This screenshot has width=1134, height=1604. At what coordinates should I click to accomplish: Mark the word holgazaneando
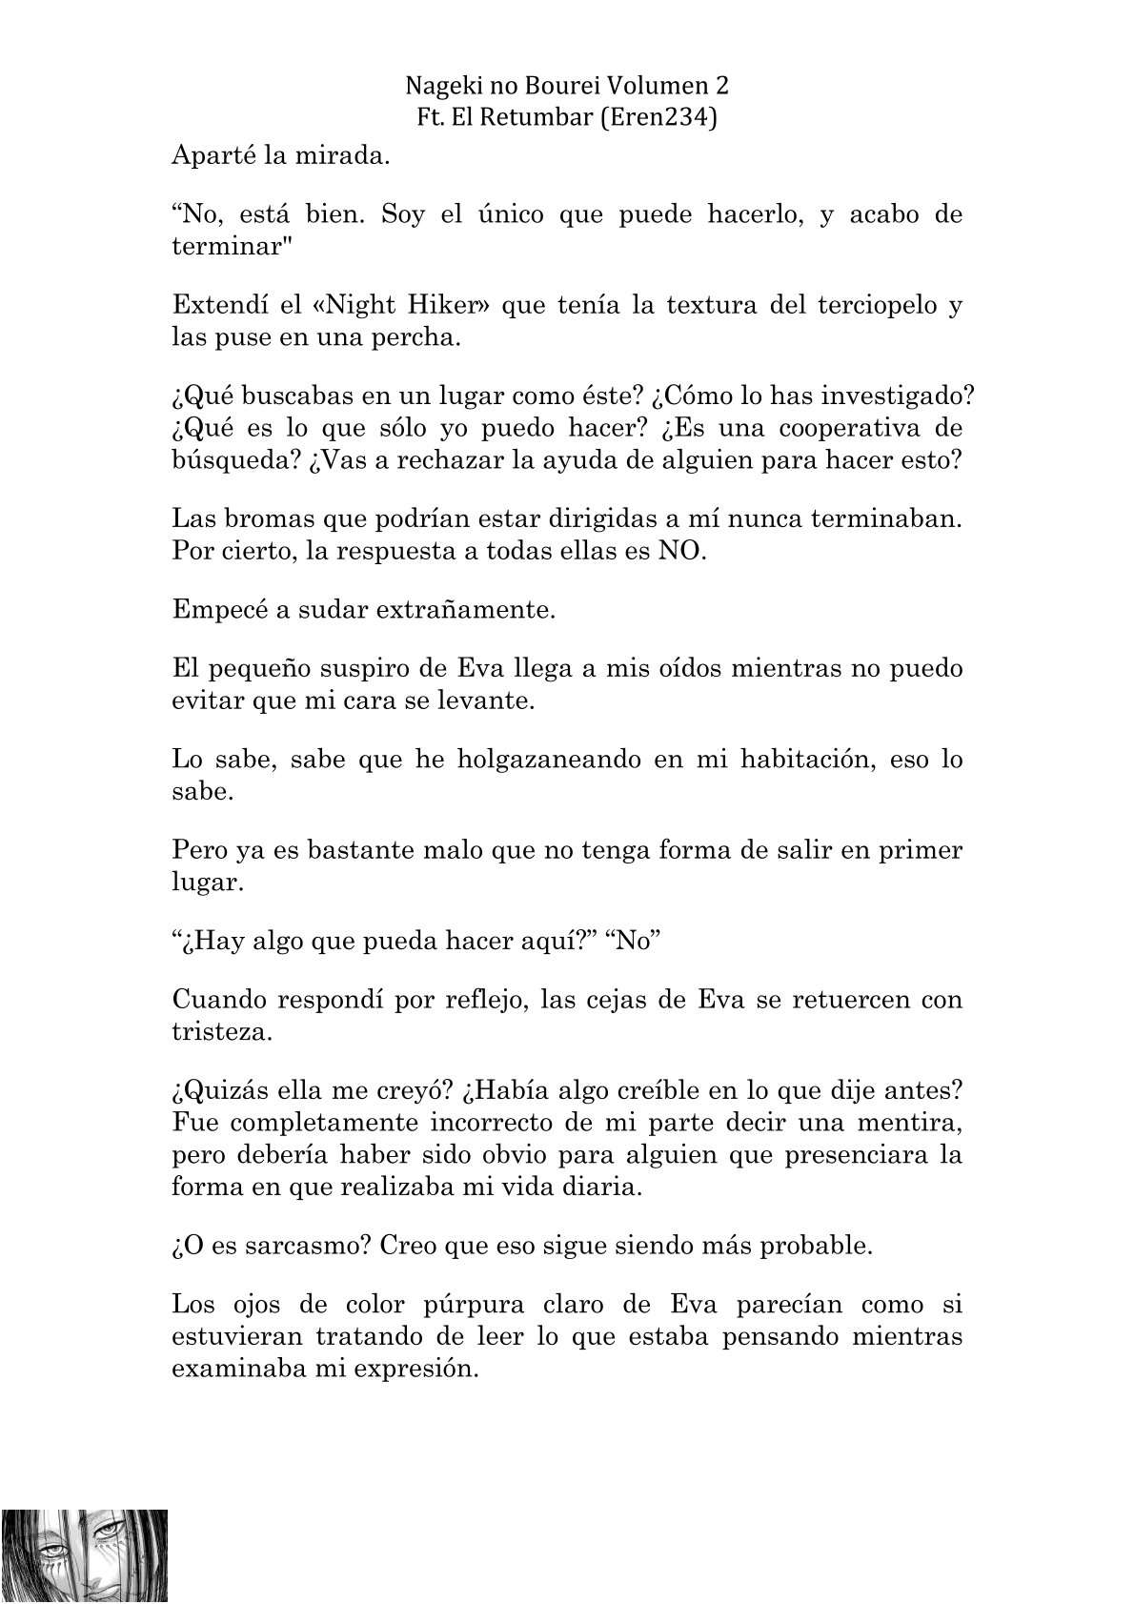point(550,760)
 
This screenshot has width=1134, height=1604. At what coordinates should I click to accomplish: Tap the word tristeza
point(221,1031)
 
